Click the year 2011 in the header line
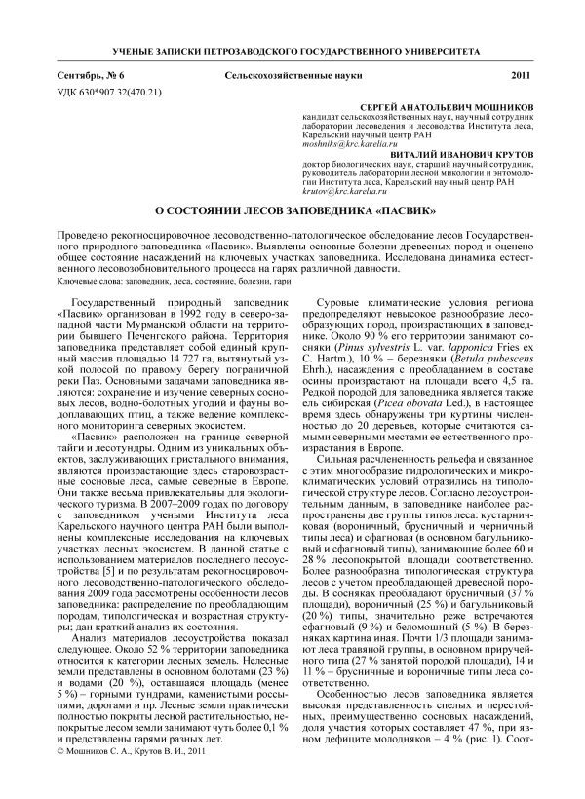coord(520,76)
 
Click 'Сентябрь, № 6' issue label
coord(93,76)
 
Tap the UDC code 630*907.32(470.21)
coord(122,93)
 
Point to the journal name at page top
coord(292,48)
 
